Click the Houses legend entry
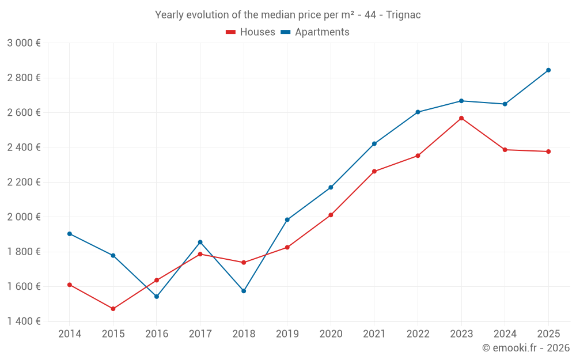coord(251,32)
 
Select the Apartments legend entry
coord(315,32)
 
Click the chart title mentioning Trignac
coord(288,15)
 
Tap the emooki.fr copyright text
coord(525,348)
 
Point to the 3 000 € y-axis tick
coord(24,43)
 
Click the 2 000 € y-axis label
coord(24,217)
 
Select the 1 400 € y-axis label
coord(24,321)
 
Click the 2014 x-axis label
coord(70,334)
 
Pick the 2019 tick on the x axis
coord(287,334)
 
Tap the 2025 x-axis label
coord(548,334)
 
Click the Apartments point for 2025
coord(548,70)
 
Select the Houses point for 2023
coord(461,118)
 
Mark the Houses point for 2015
coord(113,309)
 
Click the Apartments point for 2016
coord(157,297)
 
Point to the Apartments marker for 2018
coord(244,291)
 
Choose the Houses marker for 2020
coord(331,215)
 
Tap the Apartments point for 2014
coord(70,234)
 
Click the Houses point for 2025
coord(548,151)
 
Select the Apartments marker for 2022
coord(418,112)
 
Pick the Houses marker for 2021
coord(374,172)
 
